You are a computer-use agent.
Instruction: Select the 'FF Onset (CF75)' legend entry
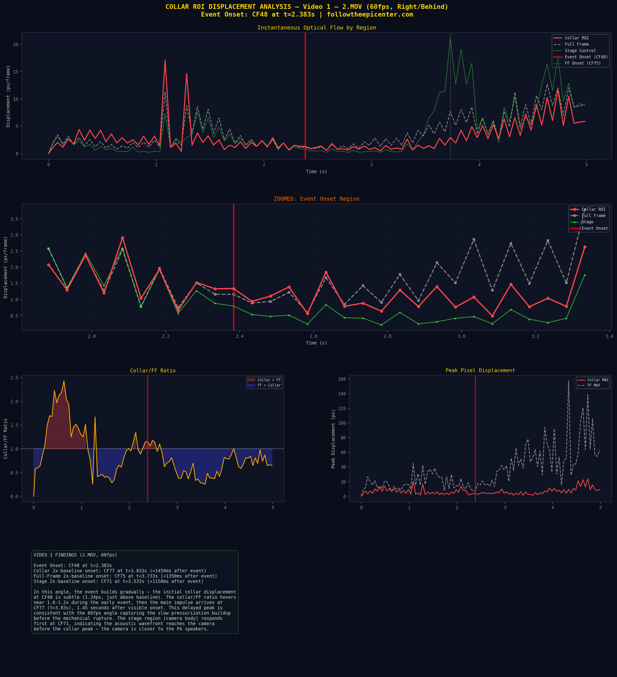pyautogui.click(x=582, y=63)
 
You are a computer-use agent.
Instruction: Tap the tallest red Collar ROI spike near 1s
pyautogui.click(x=165, y=60)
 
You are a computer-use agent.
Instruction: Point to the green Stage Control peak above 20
pyautogui.click(x=450, y=38)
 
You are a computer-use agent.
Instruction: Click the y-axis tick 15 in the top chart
pyautogui.click(x=15, y=72)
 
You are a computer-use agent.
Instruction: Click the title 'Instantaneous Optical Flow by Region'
pyautogui.click(x=316, y=28)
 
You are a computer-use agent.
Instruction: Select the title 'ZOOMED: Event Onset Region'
pyautogui.click(x=316, y=199)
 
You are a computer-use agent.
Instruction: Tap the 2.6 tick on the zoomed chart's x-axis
pyautogui.click(x=313, y=336)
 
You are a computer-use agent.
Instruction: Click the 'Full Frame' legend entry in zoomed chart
pyautogui.click(x=593, y=216)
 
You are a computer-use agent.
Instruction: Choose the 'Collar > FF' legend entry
pyautogui.click(x=269, y=380)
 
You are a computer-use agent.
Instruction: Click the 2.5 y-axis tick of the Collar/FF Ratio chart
pyautogui.click(x=14, y=378)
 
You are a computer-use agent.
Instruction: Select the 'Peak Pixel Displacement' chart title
pyautogui.click(x=480, y=370)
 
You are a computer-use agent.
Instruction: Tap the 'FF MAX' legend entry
pyautogui.click(x=593, y=385)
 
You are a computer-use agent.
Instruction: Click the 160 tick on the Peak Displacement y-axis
pyautogui.click(x=342, y=379)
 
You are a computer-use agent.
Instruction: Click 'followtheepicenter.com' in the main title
pyautogui.click(x=370, y=14)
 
